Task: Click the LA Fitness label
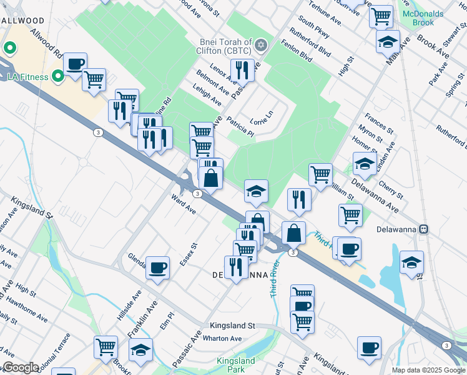(27, 77)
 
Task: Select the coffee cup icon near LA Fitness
(75, 64)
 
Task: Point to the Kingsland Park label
(235, 365)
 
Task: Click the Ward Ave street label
(184, 204)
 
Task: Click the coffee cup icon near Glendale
(157, 268)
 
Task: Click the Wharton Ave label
(222, 339)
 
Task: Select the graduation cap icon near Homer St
(365, 164)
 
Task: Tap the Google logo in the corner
(20, 368)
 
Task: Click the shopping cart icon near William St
(320, 174)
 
